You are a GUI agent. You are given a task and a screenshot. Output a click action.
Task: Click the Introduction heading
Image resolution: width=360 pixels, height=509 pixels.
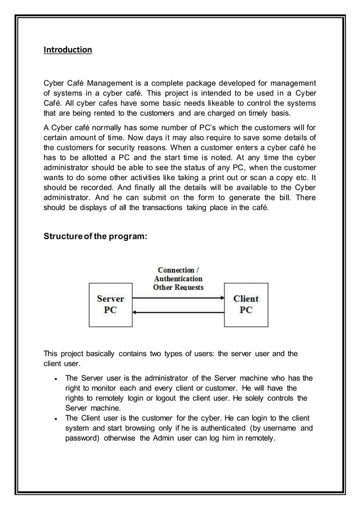[x=68, y=50]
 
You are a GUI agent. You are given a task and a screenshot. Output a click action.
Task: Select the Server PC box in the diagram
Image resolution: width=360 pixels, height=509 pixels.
[x=111, y=304]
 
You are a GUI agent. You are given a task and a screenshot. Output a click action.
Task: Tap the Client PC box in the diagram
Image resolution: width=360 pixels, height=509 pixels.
[x=246, y=304]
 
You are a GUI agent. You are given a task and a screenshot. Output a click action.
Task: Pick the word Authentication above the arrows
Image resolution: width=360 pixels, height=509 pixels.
[x=178, y=279]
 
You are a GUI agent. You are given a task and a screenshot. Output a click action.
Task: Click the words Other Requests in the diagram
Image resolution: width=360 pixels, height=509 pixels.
[x=178, y=287]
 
